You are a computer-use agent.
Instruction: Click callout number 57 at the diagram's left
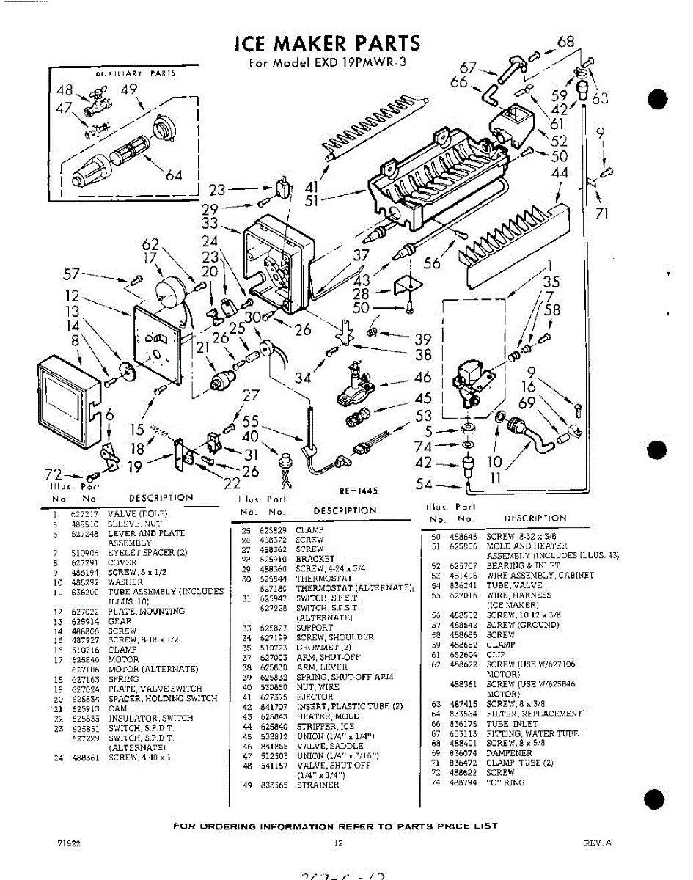(x=71, y=274)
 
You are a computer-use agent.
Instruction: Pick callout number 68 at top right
(x=565, y=41)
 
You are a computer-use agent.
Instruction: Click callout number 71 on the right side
(x=602, y=214)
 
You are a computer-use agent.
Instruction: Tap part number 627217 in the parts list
(x=84, y=514)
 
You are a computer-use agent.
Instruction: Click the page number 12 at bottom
(x=339, y=843)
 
